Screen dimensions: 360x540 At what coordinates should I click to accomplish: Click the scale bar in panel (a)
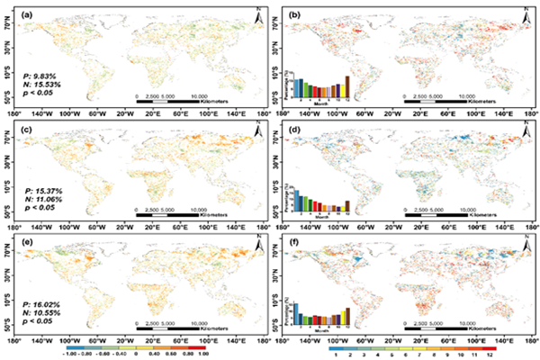(x=166, y=103)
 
